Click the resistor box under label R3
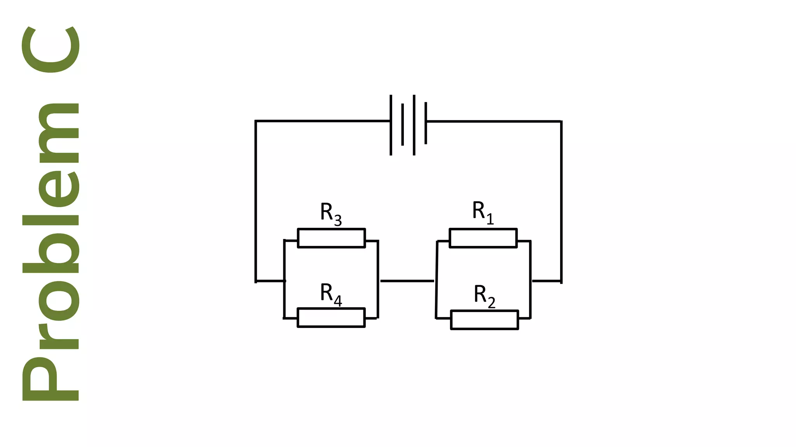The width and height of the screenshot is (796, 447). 331,238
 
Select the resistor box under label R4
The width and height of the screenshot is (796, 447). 331,317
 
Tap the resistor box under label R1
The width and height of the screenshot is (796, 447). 483,238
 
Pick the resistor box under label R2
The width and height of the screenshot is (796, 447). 484,320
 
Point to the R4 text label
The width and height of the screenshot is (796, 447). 331,294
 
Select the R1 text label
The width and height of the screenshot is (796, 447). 482,212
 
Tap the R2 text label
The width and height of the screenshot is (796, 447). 484,296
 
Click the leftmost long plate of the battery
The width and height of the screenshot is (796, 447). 391,125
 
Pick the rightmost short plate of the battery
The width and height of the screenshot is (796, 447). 426,123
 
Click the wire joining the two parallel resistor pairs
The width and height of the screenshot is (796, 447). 407,281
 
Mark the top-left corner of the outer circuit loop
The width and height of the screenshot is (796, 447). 256,121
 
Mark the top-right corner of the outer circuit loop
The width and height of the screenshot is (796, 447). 561,121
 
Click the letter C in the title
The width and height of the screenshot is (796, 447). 51,49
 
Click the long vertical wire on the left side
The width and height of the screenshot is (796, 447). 256,202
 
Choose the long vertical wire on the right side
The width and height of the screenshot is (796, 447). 561,202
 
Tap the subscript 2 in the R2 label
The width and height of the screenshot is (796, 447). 491,303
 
